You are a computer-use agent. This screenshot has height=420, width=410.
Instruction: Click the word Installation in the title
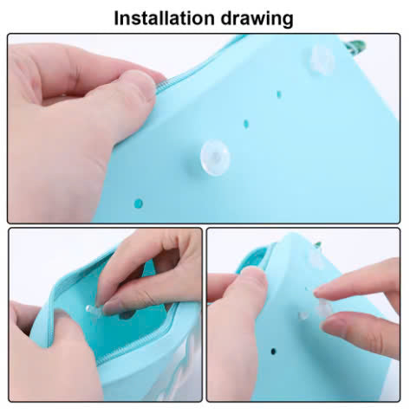164,18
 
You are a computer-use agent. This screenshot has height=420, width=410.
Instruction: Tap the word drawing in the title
257,19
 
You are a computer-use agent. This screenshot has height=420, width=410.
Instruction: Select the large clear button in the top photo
215,158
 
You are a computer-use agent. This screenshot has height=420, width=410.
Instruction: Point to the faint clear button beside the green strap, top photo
322,59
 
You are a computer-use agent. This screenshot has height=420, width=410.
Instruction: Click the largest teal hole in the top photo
139,204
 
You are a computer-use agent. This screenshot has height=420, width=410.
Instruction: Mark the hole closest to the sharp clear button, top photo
246,124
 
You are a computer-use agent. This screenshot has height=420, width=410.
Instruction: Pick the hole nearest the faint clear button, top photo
279,94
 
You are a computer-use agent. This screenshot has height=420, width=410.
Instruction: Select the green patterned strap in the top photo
356,46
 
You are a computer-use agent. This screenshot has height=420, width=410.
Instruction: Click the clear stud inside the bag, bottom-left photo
93,309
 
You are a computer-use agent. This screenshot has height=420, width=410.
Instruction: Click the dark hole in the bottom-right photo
273,352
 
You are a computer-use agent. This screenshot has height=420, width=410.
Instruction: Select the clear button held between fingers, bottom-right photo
324,308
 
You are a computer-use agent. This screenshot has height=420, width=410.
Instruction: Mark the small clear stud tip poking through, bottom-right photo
303,315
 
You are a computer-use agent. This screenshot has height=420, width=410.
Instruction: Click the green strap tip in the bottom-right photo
318,245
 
